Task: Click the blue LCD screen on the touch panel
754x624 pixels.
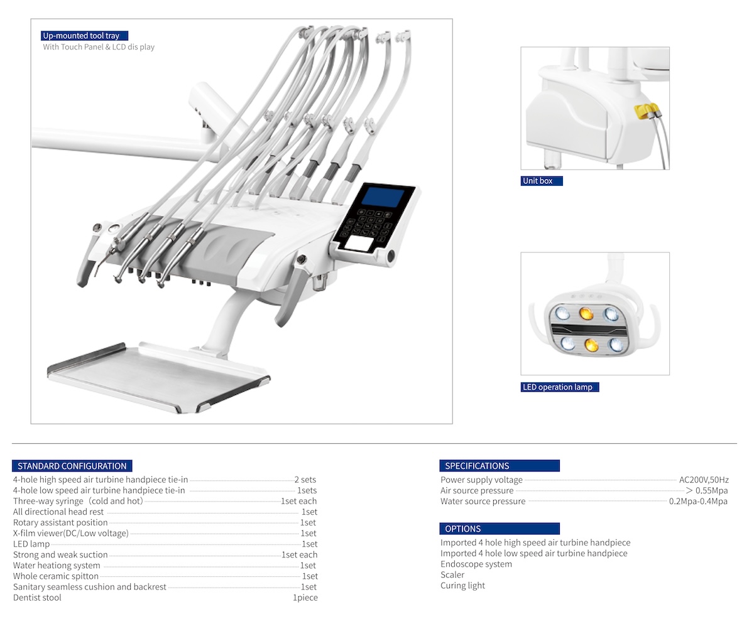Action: pos(383,197)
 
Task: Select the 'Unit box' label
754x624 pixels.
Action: pos(541,181)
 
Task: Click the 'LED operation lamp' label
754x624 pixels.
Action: pos(559,387)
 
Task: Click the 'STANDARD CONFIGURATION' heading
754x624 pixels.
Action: pos(72,466)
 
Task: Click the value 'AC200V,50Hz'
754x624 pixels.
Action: pos(704,480)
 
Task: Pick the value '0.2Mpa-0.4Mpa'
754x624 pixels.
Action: pos(698,502)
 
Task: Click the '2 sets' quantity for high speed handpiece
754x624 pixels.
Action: pos(305,479)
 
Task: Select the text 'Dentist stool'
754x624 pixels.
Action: pos(37,597)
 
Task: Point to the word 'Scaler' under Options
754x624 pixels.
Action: pos(452,574)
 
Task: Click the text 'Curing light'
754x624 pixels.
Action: pos(462,585)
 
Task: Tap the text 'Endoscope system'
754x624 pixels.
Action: pos(476,564)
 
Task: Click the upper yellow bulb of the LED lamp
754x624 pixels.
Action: pos(586,313)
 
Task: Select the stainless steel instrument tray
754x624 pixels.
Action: pos(159,377)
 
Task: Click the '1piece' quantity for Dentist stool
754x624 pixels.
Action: pos(305,597)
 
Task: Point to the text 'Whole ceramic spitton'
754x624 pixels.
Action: pos(56,576)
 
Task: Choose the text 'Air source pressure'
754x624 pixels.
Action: pos(477,490)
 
